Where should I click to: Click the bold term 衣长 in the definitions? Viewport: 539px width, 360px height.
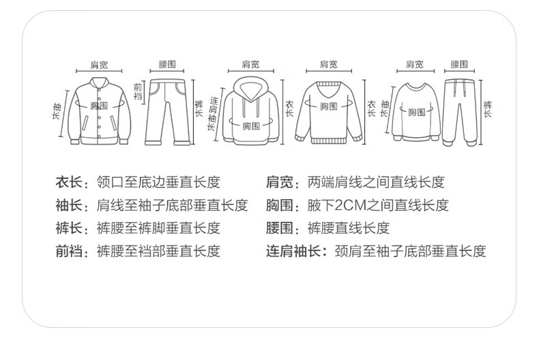tap(69, 182)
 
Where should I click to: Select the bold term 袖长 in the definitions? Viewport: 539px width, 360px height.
tap(69, 205)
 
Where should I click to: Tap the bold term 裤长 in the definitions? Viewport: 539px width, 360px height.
tap(69, 228)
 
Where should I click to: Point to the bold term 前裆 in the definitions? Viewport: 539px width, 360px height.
tap(69, 251)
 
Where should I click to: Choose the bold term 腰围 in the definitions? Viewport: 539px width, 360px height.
tap(280, 228)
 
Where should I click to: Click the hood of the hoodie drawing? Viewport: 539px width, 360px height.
tap(250, 89)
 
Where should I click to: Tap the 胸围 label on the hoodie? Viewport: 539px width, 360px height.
tap(251, 126)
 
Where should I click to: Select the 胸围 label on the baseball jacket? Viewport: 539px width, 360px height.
tap(99, 106)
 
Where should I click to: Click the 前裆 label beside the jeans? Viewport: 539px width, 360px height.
tap(138, 91)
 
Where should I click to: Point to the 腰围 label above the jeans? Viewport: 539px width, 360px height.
tap(167, 64)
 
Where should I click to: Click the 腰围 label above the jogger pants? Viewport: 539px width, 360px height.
tap(459, 64)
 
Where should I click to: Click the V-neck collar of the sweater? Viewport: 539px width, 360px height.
tap(329, 89)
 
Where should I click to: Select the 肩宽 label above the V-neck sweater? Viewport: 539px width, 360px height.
tap(329, 64)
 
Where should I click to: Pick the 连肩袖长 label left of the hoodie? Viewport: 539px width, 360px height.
tap(213, 114)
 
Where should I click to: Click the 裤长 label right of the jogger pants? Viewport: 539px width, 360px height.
tap(487, 109)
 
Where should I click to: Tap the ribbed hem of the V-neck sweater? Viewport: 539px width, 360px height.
tap(329, 140)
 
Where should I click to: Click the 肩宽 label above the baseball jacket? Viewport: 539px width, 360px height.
tap(99, 64)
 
